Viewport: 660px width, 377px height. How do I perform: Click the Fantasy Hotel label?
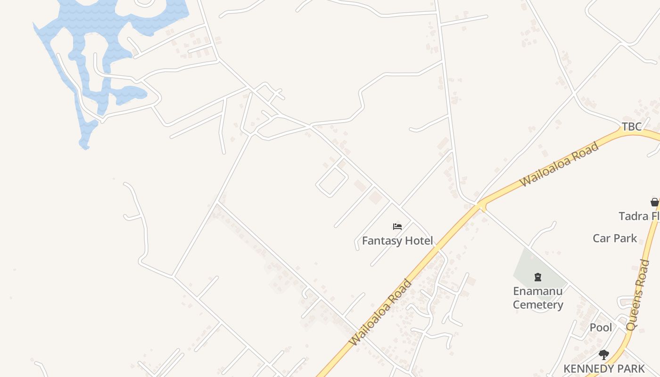397,241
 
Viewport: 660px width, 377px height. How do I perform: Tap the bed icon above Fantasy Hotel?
397,227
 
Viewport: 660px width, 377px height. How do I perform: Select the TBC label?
631,126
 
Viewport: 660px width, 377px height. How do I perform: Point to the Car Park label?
615,238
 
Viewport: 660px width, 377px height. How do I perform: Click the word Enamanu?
537,291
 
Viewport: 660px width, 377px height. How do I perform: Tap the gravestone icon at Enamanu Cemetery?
538,277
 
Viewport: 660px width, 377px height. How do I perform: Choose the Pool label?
601,327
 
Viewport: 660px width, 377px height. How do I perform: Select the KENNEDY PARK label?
603,369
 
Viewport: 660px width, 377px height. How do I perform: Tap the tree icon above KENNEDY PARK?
603,354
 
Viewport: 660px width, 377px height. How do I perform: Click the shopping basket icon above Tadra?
654,202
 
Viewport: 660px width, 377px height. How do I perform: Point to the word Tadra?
633,216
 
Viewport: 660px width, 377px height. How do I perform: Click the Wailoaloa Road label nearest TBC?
559,164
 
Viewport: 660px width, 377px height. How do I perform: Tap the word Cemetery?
537,305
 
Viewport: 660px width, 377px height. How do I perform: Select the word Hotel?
415,241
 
